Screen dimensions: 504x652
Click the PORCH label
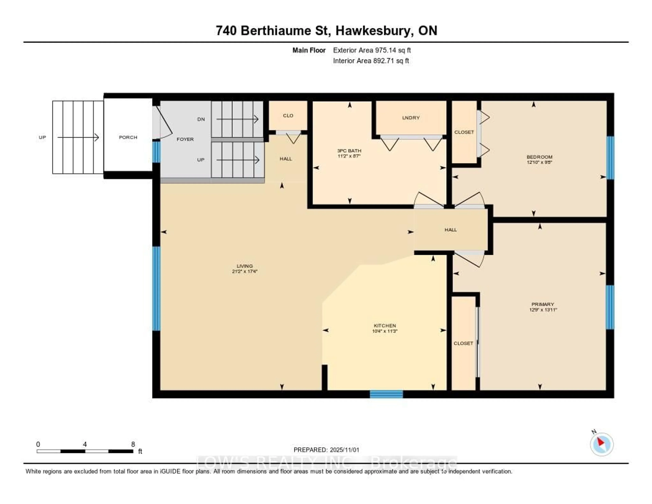click(128, 137)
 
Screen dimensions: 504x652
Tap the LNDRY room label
click(411, 118)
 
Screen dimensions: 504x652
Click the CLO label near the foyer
click(288, 116)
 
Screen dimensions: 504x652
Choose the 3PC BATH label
click(349, 151)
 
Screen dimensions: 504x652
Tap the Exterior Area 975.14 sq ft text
click(372, 50)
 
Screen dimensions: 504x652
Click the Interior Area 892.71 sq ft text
click(371, 61)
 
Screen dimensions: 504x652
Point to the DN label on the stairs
click(201, 119)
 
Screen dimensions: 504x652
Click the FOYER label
click(185, 139)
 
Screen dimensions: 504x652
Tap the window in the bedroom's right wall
click(611, 158)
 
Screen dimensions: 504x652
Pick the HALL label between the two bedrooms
click(450, 230)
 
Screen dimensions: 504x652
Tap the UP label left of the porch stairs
click(42, 137)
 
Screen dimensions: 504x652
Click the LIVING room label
click(244, 266)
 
